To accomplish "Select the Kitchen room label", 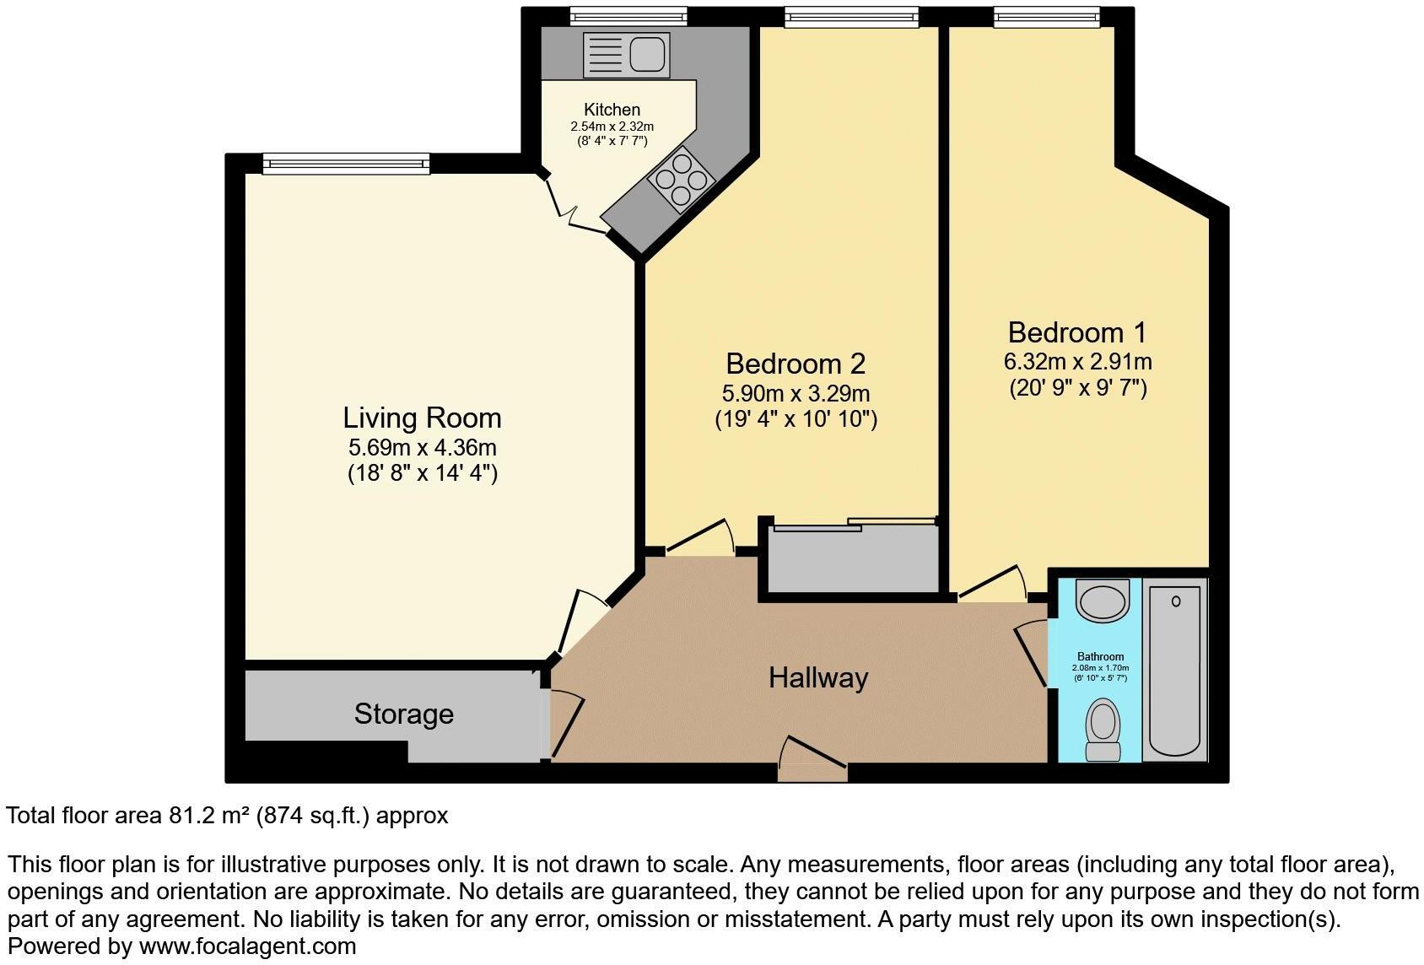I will tap(612, 110).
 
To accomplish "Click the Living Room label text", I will tap(422, 418).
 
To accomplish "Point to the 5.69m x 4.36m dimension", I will tap(422, 447).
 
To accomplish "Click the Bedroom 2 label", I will tap(796, 364).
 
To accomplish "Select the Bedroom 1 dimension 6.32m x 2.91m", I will tap(1077, 362).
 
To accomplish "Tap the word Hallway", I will tap(817, 677).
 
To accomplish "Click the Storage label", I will tap(403, 714).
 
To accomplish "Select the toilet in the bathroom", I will tap(1103, 730).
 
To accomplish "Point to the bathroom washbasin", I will tap(1103, 601).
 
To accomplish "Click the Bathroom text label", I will tap(1100, 656).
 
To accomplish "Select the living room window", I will tap(346, 164).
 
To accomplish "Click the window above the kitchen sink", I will tap(628, 16).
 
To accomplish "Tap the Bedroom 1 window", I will tap(1046, 16).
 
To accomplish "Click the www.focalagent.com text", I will tap(247, 946).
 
